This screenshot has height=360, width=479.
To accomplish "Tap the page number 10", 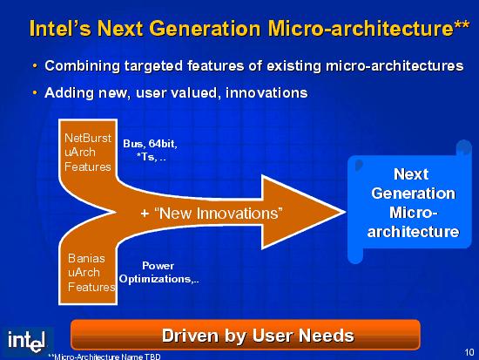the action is pyautogui.click(x=469, y=353).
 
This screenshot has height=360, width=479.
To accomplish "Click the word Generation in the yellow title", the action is pyautogui.click(x=205, y=29).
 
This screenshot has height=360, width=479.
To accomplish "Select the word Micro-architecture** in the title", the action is pyautogui.click(x=368, y=29).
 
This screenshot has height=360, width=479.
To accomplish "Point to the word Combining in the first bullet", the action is pyautogui.click(x=83, y=66).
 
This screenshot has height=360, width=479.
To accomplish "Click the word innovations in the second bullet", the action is pyautogui.click(x=266, y=92).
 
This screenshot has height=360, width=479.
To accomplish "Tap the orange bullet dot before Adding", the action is pyautogui.click(x=35, y=92).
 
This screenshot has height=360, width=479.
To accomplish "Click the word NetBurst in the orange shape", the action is pyautogui.click(x=88, y=138).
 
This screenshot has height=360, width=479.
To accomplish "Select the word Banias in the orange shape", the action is pyautogui.click(x=86, y=259).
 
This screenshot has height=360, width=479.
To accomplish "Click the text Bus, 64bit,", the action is pyautogui.click(x=150, y=144).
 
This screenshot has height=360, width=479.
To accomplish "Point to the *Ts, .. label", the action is pyautogui.click(x=152, y=157).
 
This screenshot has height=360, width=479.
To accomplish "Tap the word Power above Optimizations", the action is pyautogui.click(x=158, y=266).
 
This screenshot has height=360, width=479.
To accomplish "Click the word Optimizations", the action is pyautogui.click(x=159, y=279).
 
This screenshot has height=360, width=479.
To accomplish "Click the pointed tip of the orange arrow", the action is pyautogui.click(x=345, y=212).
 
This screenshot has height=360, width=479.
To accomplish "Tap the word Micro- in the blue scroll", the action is pyautogui.click(x=414, y=213).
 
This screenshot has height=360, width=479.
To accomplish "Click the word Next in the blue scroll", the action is pyautogui.click(x=411, y=174).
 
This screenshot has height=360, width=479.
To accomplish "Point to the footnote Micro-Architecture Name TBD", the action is pyautogui.click(x=105, y=357).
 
